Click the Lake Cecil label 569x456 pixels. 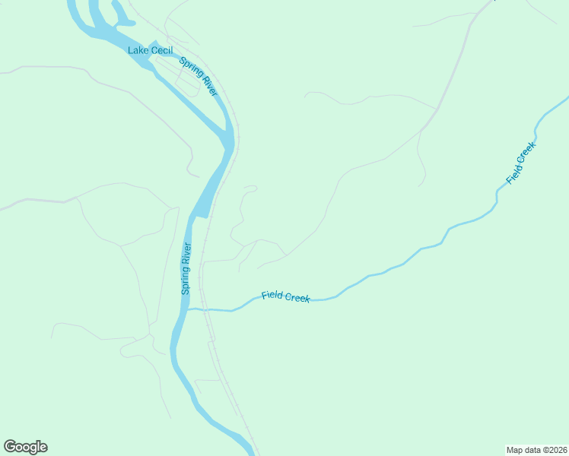150,50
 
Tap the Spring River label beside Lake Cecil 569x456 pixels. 199,76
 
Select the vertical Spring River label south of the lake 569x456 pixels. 186,269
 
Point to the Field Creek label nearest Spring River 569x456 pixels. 285,296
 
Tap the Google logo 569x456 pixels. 25,447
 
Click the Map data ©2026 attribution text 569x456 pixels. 536,449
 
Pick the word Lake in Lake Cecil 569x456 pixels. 138,50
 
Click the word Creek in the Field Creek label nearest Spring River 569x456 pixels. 297,297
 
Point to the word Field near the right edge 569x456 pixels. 513,174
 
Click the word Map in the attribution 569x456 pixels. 515,449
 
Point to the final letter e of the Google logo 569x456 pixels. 43,448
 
